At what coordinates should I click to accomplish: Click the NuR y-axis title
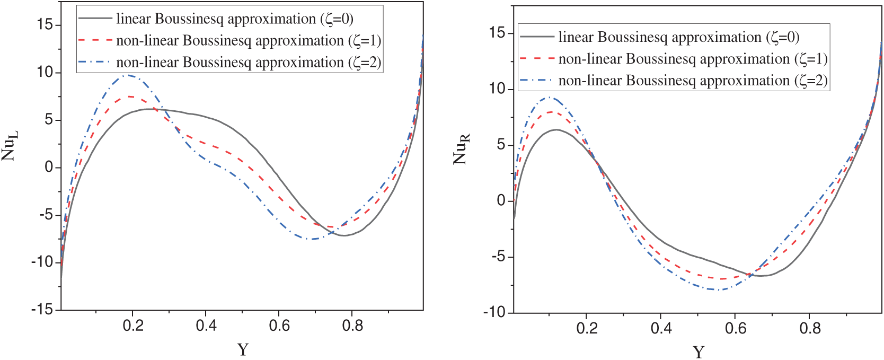tap(461, 150)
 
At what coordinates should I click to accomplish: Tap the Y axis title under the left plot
tap(243, 349)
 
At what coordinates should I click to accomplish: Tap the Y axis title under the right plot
tap(699, 352)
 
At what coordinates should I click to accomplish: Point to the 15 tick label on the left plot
tap(45, 24)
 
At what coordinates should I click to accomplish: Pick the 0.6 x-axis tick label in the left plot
tap(279, 326)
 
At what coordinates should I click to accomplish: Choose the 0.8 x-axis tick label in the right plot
tap(810, 329)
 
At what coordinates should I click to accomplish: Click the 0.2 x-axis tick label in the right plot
tap(587, 329)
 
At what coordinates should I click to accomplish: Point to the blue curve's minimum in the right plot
tap(720, 289)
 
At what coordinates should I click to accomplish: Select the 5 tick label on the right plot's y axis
tap(501, 145)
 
